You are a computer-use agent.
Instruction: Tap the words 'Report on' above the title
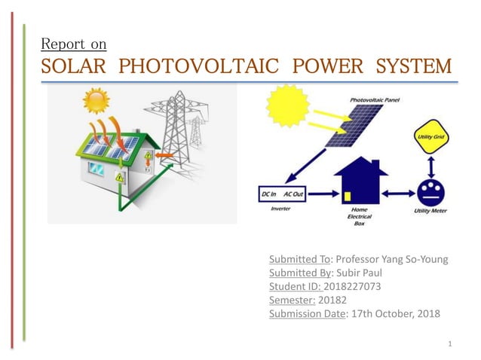[73, 44]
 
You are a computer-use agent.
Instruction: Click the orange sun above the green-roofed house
[97, 100]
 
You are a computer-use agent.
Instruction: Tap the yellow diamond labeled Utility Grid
[430, 136]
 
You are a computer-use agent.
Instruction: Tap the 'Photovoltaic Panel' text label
[376, 99]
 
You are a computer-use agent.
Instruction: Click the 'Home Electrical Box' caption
[360, 217]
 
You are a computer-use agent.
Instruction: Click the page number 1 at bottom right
[449, 344]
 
